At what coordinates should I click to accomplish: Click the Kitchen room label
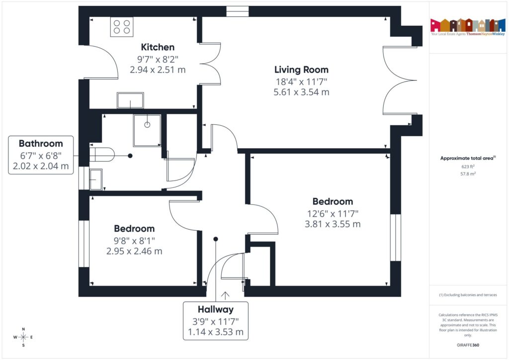[x=158, y=47]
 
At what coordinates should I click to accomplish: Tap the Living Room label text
[x=302, y=70]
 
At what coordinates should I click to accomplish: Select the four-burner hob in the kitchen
[x=122, y=26]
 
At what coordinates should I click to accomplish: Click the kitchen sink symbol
[x=130, y=100]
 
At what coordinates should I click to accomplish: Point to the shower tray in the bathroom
[x=147, y=130]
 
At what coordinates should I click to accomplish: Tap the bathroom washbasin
[x=96, y=179]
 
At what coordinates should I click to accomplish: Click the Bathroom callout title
[x=41, y=144]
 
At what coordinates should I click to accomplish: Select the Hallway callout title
[x=215, y=309]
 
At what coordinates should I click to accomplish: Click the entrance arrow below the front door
[x=226, y=295]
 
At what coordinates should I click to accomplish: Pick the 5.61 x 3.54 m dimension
[x=302, y=92]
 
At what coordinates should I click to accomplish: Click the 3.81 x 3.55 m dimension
[x=333, y=224]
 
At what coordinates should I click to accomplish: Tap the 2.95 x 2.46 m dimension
[x=134, y=251]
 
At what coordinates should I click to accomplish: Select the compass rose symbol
[x=23, y=337]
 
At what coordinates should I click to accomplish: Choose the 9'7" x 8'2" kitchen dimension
[x=158, y=59]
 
